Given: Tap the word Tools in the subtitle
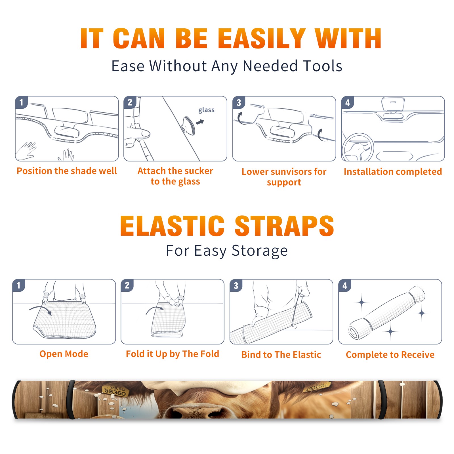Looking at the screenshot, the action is pos(323,66).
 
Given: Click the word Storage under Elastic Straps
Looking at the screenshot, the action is pos(260,251).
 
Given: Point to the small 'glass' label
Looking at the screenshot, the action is pos(206,110).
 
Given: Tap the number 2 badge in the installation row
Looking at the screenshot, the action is pos(130,102).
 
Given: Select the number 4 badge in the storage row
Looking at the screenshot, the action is pos(345,285).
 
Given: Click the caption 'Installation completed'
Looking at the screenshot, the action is pos(393,171).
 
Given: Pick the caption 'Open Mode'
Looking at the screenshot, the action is pos(64,354).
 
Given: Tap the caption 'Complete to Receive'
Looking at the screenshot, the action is pos(390,355).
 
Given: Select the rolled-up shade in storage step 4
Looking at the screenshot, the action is pos(387,313).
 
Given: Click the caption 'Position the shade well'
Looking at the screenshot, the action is pos(67,171).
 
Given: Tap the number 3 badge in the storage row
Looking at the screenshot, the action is pos(236,285).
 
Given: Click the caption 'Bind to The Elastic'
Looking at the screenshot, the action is pos(281,355).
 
